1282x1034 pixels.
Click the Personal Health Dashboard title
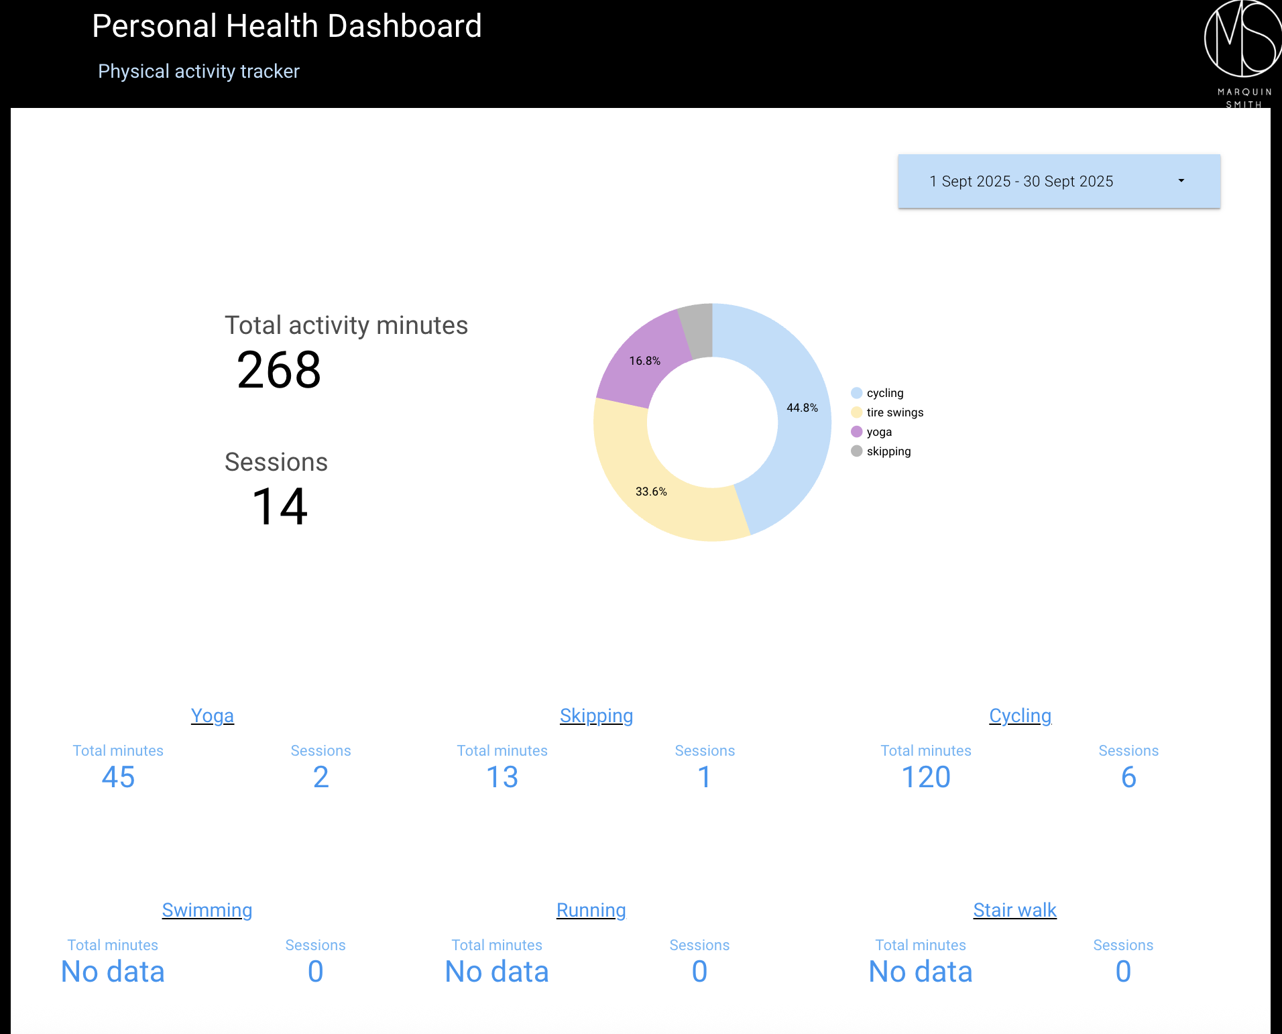pyautogui.click(x=287, y=27)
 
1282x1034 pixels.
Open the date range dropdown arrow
pyautogui.click(x=1181, y=181)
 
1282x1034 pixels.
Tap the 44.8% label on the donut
pyautogui.click(x=802, y=408)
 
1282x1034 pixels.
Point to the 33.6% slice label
pyautogui.click(x=651, y=492)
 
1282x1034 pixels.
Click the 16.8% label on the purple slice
pyautogui.click(x=644, y=361)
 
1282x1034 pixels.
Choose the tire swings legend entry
pyautogui.click(x=894, y=412)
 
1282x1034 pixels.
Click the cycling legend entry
pyautogui.click(x=884, y=393)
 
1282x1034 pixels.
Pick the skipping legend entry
pyautogui.click(x=888, y=451)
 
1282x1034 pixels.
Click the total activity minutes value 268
pyautogui.click(x=279, y=369)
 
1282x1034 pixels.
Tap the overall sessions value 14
pyautogui.click(x=280, y=506)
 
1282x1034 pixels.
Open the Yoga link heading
pyautogui.click(x=213, y=715)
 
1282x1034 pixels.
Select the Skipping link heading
pyautogui.click(x=596, y=715)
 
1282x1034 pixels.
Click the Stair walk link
pyautogui.click(x=1014, y=910)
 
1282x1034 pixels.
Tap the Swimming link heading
pyautogui.click(x=207, y=910)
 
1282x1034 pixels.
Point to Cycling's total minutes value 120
pyautogui.click(x=925, y=777)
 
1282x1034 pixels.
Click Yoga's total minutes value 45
pyautogui.click(x=118, y=777)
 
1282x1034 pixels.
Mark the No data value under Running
pyautogui.click(x=497, y=972)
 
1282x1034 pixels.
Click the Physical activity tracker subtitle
pyautogui.click(x=198, y=71)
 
